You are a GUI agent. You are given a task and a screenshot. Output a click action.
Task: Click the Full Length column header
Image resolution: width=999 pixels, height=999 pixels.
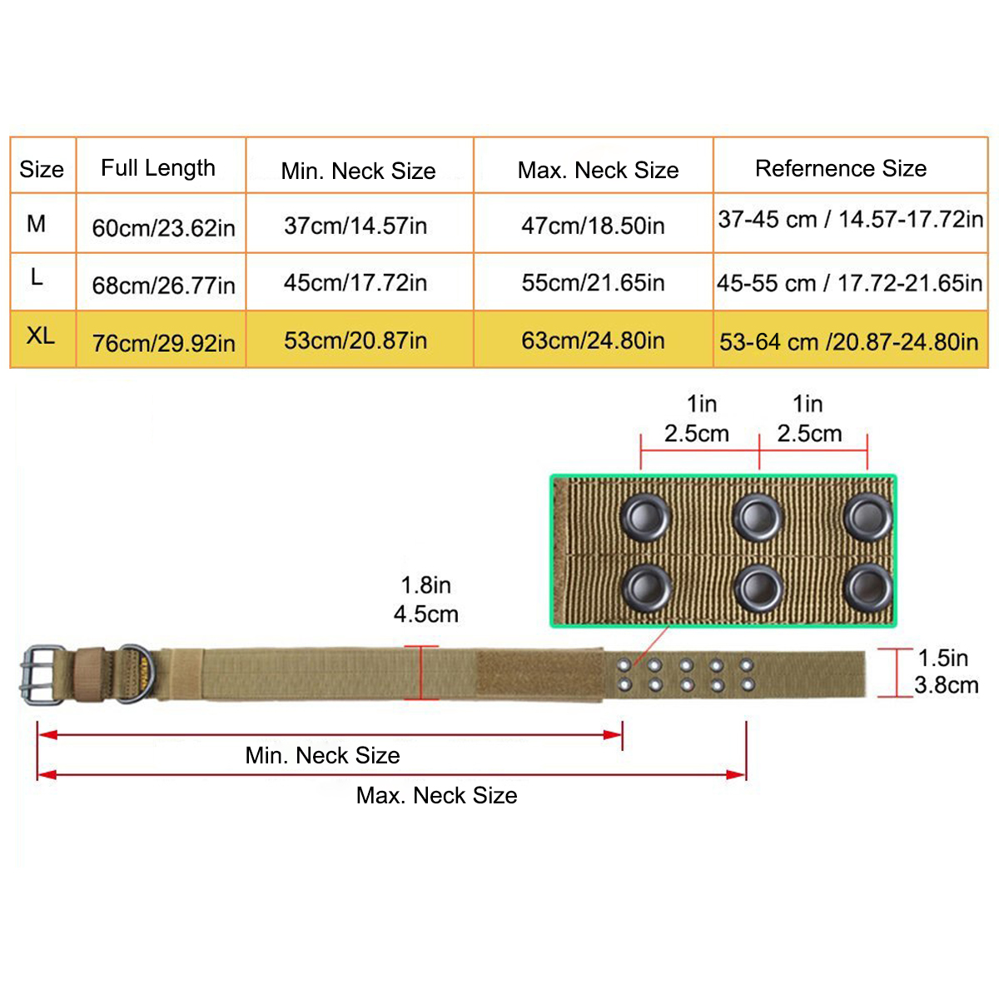158,168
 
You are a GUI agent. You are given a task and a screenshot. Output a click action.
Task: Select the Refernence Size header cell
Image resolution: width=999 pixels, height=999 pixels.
841,168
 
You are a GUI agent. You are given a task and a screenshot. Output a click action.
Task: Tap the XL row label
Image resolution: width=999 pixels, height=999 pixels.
40,336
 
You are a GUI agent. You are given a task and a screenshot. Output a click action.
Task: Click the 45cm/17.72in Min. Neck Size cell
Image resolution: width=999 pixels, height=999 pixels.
355,283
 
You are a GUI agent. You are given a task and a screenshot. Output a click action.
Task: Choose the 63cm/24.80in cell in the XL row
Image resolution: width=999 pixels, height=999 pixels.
593,340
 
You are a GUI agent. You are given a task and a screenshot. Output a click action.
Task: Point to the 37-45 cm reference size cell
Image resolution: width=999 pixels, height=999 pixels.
850,220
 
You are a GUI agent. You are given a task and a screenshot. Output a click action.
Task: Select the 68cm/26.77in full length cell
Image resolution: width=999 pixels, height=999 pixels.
163,286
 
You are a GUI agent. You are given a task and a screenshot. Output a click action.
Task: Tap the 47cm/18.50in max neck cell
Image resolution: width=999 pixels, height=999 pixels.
593,226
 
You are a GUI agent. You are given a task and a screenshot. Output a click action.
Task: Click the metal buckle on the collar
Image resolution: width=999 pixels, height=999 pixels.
42,674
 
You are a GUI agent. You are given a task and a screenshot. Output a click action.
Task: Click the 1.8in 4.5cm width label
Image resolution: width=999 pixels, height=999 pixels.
426,599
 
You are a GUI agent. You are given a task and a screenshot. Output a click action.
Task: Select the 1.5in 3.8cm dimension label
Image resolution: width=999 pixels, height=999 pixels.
945,672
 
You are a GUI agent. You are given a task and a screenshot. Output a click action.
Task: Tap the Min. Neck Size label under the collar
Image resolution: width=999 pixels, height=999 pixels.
322,755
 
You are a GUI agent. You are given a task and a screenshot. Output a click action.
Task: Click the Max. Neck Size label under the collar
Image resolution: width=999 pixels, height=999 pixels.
436,795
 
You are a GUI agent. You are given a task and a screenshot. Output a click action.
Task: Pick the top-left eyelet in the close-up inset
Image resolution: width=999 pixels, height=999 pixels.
645,518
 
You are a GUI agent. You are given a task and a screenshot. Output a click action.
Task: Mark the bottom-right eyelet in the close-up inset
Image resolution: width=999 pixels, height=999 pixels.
868,588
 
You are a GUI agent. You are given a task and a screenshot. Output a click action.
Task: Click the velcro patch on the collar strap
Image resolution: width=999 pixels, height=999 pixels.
539,674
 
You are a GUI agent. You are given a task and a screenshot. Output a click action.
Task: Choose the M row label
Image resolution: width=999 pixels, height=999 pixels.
37,223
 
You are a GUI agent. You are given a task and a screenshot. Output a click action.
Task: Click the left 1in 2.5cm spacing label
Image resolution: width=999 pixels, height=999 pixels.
698,419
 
